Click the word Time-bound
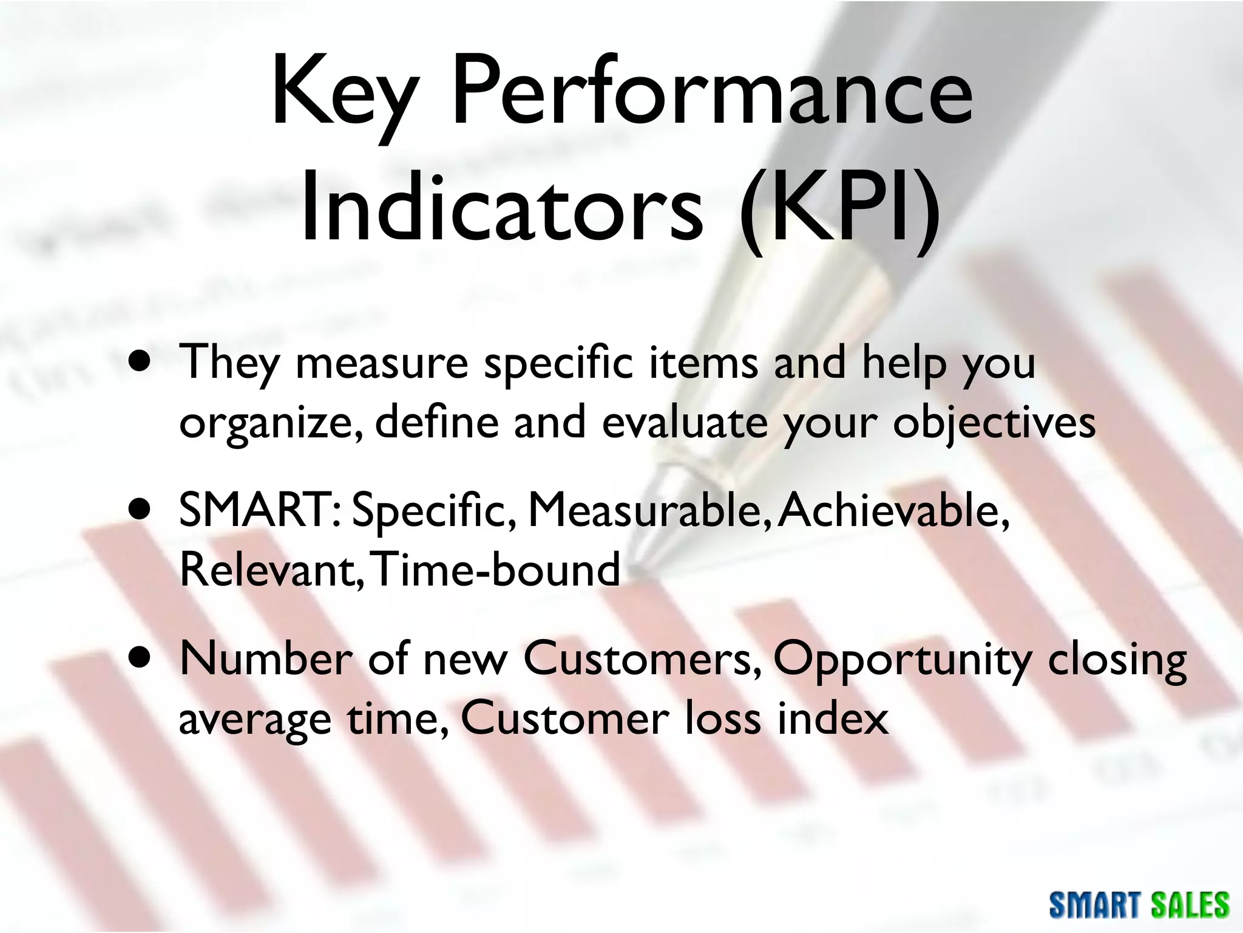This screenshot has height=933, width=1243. (x=495, y=570)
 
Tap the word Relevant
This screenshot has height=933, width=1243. (x=270, y=570)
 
